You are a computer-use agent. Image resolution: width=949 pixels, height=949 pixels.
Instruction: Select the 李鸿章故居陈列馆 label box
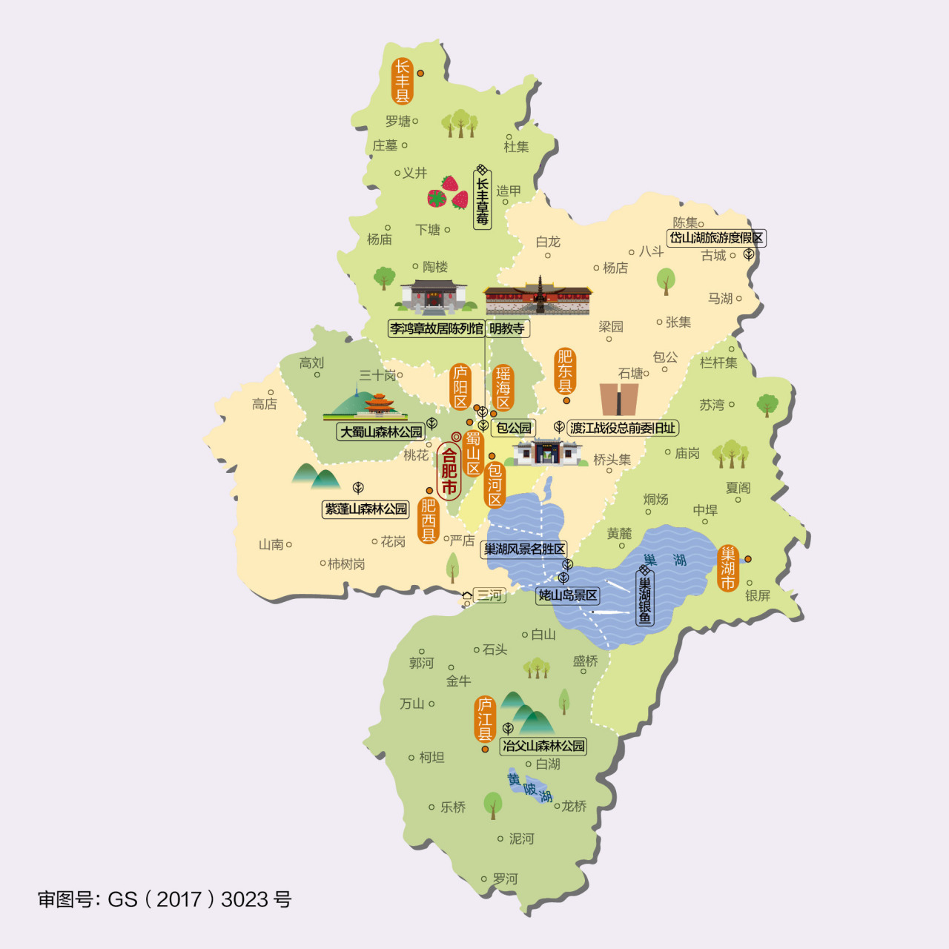point(437,328)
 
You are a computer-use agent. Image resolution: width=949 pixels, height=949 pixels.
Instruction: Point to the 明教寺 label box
point(507,328)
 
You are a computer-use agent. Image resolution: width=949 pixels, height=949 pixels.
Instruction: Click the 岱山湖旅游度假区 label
point(716,238)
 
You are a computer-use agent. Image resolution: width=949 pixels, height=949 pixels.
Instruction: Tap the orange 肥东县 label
point(565,371)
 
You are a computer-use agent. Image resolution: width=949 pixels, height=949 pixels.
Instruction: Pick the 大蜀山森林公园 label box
point(380,431)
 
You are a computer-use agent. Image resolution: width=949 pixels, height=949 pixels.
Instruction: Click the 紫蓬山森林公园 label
point(366,509)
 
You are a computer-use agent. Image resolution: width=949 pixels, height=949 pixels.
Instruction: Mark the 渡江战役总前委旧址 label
point(623,428)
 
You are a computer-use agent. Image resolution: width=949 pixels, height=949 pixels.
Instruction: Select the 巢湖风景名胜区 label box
point(525,549)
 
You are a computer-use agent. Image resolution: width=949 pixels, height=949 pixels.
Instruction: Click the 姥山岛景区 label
point(568,595)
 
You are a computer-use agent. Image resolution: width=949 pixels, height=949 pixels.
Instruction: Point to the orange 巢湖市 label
point(728,568)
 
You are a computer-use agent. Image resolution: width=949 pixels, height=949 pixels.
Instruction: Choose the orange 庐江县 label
point(485,718)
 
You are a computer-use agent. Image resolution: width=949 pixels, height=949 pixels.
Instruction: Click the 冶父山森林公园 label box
point(543,746)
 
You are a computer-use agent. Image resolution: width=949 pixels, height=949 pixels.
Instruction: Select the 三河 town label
point(489,595)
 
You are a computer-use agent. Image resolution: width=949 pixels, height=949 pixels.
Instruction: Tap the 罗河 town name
point(505,879)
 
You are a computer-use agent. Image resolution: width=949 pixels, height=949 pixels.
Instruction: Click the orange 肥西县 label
point(429,520)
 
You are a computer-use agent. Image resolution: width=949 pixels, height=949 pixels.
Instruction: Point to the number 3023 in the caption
point(244,899)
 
